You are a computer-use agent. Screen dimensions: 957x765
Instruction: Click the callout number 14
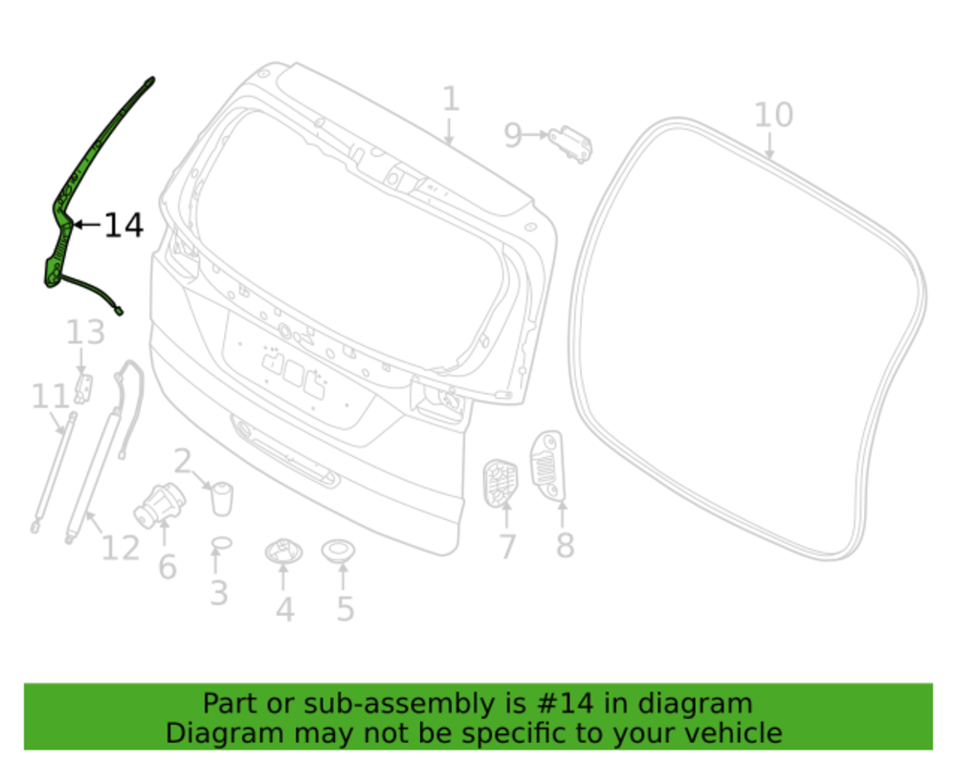[x=123, y=225]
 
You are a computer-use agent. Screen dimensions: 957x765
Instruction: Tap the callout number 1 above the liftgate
[x=451, y=98]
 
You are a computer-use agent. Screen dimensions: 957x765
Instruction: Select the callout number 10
[x=773, y=115]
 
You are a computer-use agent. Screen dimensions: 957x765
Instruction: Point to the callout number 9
[x=513, y=136]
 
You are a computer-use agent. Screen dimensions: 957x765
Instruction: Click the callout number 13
[x=85, y=333]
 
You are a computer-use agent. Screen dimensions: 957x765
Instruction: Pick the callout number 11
[x=50, y=397]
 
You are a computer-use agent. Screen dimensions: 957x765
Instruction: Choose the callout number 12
[x=121, y=548]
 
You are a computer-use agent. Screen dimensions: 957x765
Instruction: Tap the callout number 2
[x=183, y=461]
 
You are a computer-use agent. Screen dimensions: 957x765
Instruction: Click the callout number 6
[x=167, y=567]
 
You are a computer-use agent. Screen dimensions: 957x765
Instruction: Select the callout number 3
[x=219, y=593]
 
